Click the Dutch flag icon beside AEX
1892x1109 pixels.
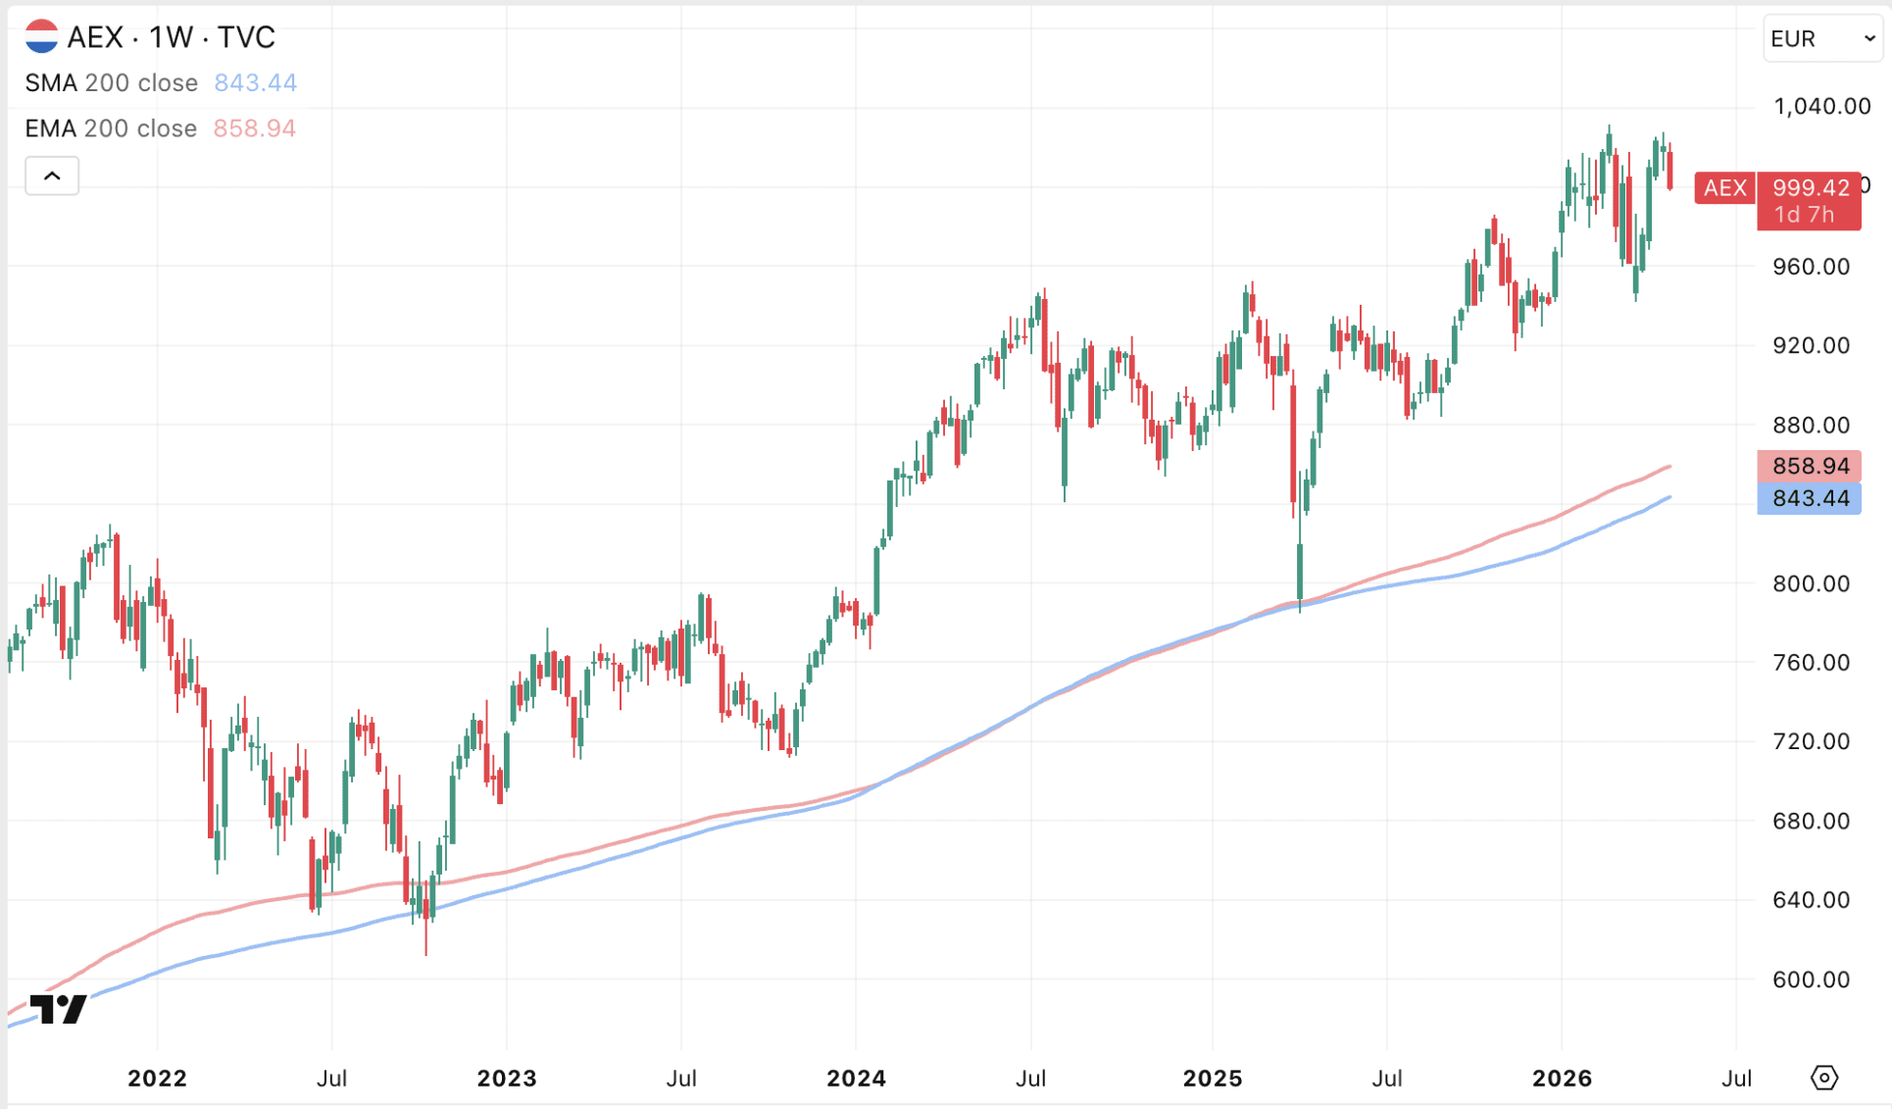pos(41,37)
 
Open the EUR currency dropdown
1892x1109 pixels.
pos(1821,38)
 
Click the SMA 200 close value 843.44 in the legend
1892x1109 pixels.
pos(255,83)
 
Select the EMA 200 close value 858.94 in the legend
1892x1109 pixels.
pos(254,128)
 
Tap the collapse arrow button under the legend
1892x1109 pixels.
pos(52,176)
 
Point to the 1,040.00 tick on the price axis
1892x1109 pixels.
pos(1821,106)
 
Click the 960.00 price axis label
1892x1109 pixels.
pos(1811,267)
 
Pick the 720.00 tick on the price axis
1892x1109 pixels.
pos(1811,741)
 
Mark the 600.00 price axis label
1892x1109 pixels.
pos(1811,980)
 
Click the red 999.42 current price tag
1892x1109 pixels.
pos(1810,187)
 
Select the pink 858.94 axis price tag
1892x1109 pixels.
pos(1810,466)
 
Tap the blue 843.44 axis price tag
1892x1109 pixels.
pos(1810,498)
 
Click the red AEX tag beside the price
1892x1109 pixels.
pos(1724,187)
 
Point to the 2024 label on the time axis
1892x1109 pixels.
pos(856,1079)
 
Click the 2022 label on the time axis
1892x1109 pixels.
pos(157,1079)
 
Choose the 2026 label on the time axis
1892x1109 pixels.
pos(1562,1079)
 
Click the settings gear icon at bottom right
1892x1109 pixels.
pos(1823,1079)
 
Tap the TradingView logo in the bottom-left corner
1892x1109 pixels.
pos(58,1008)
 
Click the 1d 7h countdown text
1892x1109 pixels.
pos(1804,215)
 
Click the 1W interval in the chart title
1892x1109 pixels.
pos(171,37)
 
